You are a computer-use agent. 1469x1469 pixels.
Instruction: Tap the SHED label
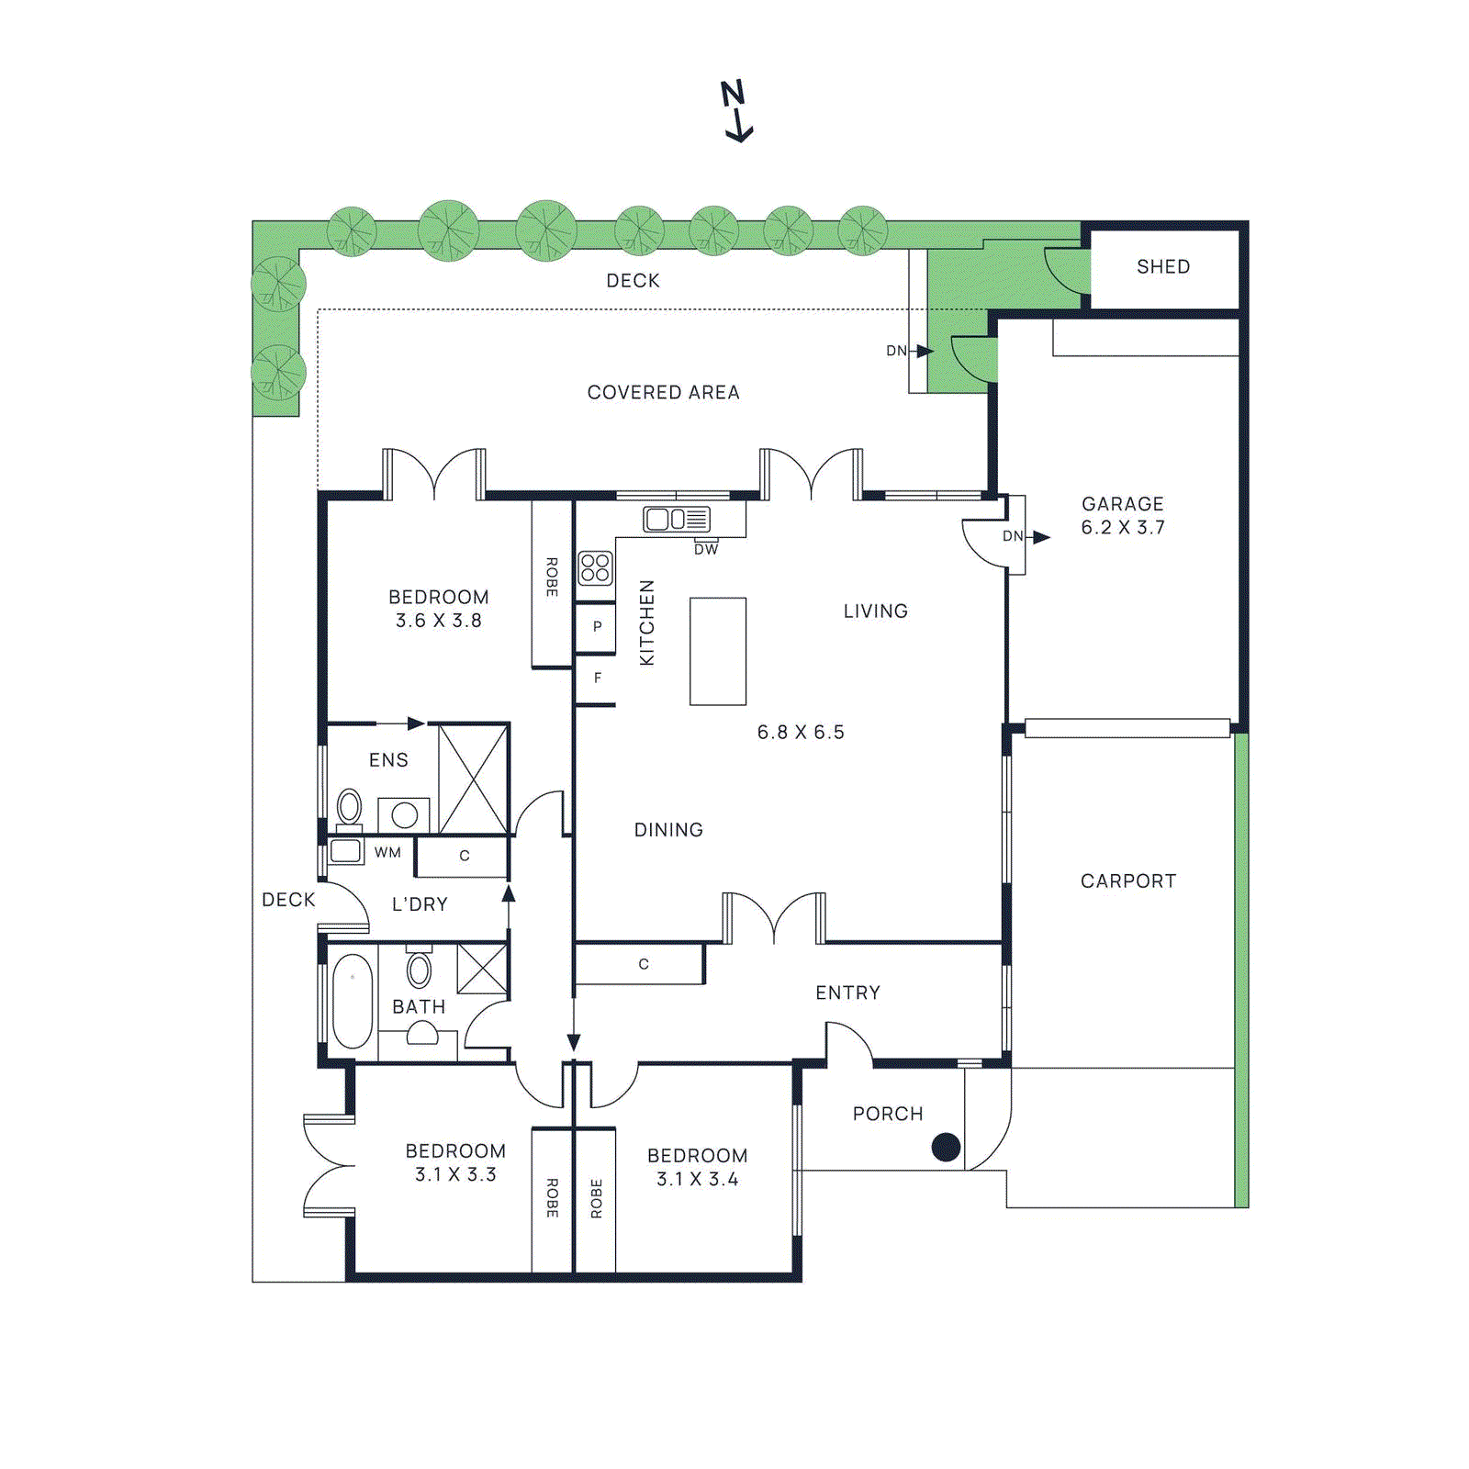click(1162, 267)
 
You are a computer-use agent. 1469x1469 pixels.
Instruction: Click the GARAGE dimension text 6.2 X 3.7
click(1122, 528)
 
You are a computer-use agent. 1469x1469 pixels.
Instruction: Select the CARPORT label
click(1127, 881)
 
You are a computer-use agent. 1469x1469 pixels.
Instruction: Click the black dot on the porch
click(946, 1147)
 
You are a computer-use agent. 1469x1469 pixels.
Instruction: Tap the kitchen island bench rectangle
click(718, 651)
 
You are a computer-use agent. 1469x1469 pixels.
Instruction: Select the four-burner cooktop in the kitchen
click(595, 568)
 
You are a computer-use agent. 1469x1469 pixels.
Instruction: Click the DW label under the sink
click(706, 550)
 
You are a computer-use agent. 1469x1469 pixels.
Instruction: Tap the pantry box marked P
click(596, 627)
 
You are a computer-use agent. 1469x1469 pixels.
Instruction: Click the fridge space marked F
click(597, 678)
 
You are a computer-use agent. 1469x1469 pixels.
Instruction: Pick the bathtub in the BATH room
click(353, 1001)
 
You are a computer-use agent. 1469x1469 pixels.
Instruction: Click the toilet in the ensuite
click(349, 808)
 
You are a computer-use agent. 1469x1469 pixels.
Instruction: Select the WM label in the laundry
click(387, 853)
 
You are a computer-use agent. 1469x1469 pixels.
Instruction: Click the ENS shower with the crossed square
click(473, 779)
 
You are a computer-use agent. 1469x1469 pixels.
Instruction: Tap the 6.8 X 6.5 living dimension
click(800, 733)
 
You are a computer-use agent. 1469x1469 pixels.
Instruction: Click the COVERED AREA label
click(663, 393)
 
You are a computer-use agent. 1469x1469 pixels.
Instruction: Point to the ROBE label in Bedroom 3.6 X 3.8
click(552, 577)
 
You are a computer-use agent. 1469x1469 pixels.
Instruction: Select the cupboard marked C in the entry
click(643, 965)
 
